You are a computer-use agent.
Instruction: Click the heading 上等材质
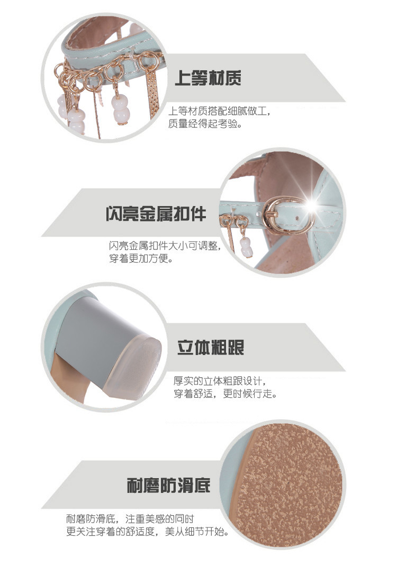[x=208, y=78]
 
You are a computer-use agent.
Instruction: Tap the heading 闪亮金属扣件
[x=156, y=213]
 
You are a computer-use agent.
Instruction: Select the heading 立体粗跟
[x=211, y=347]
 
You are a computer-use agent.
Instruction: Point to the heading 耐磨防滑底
[x=168, y=485]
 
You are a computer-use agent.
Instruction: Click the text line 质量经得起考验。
[x=205, y=124]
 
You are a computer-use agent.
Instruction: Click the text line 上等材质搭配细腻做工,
[x=219, y=111]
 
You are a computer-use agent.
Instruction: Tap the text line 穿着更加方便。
[x=141, y=258]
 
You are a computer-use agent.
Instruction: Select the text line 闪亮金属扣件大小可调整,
[x=165, y=246]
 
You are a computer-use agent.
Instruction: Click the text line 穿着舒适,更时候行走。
[x=225, y=394]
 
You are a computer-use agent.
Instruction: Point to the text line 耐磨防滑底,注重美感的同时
[x=130, y=519]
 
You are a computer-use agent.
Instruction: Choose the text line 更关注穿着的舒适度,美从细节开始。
[x=148, y=531]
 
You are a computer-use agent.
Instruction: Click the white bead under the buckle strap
[x=246, y=247]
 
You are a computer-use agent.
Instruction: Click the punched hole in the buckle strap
[x=297, y=218]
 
